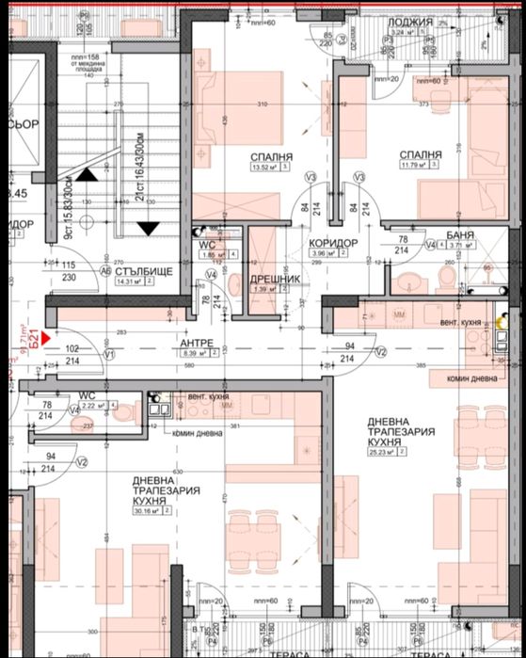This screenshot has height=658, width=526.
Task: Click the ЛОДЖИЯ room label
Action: pyautogui.click(x=414, y=21)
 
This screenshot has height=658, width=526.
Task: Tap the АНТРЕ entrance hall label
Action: pyautogui.click(x=198, y=343)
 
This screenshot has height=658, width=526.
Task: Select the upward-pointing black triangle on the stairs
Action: pyautogui.click(x=87, y=173)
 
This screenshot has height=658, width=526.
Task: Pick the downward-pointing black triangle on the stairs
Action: pyautogui.click(x=147, y=227)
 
